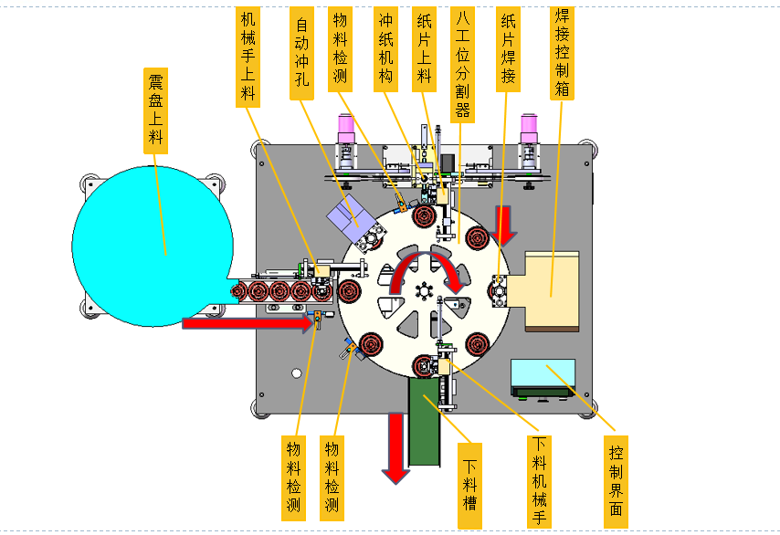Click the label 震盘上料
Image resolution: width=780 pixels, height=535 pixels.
155,110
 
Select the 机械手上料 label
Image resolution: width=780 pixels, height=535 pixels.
248,57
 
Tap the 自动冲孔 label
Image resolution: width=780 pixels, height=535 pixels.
302,53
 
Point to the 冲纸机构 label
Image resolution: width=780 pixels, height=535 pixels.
385,48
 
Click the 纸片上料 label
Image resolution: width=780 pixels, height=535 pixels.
425,48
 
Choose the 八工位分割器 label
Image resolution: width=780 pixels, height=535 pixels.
463,64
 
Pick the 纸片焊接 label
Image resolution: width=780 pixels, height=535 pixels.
508,48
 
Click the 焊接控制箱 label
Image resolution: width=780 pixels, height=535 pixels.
562,53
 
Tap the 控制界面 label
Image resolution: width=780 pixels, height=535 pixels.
616,482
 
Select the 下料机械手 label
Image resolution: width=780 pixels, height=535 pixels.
539,482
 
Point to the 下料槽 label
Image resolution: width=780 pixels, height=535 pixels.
469,486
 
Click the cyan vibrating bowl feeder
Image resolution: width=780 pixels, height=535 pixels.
153,247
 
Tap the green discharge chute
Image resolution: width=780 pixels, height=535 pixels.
425,422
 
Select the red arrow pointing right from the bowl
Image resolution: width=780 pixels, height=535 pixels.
248,323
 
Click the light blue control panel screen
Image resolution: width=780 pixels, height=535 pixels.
543,372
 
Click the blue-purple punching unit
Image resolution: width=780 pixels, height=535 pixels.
351,217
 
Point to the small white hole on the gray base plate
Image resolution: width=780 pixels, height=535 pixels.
297,372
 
